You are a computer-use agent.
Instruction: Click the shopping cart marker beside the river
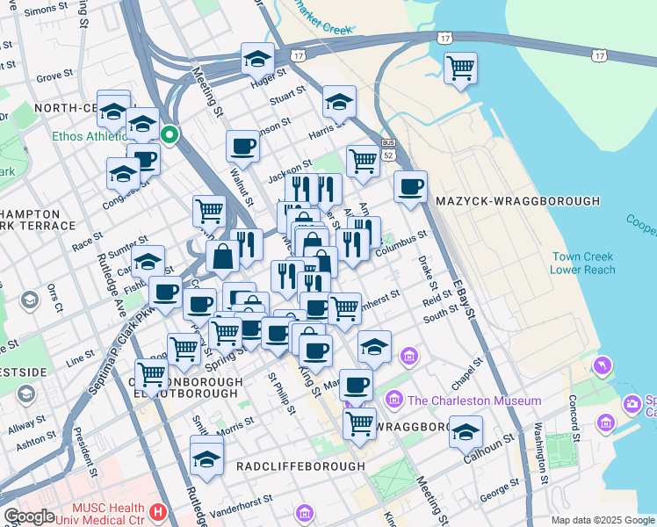tap(460, 67)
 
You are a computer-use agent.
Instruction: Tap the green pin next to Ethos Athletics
tap(170, 135)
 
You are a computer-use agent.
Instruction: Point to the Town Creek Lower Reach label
tap(582, 263)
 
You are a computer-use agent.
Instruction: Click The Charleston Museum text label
tap(474, 401)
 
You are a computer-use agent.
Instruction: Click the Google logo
tap(29, 516)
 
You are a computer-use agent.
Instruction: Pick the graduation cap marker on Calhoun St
tap(466, 432)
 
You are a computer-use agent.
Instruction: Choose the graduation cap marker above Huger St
tap(257, 59)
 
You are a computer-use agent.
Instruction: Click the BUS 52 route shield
tap(387, 148)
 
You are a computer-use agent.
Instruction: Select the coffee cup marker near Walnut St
tap(242, 146)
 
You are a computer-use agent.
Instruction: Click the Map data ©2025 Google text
tap(603, 520)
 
